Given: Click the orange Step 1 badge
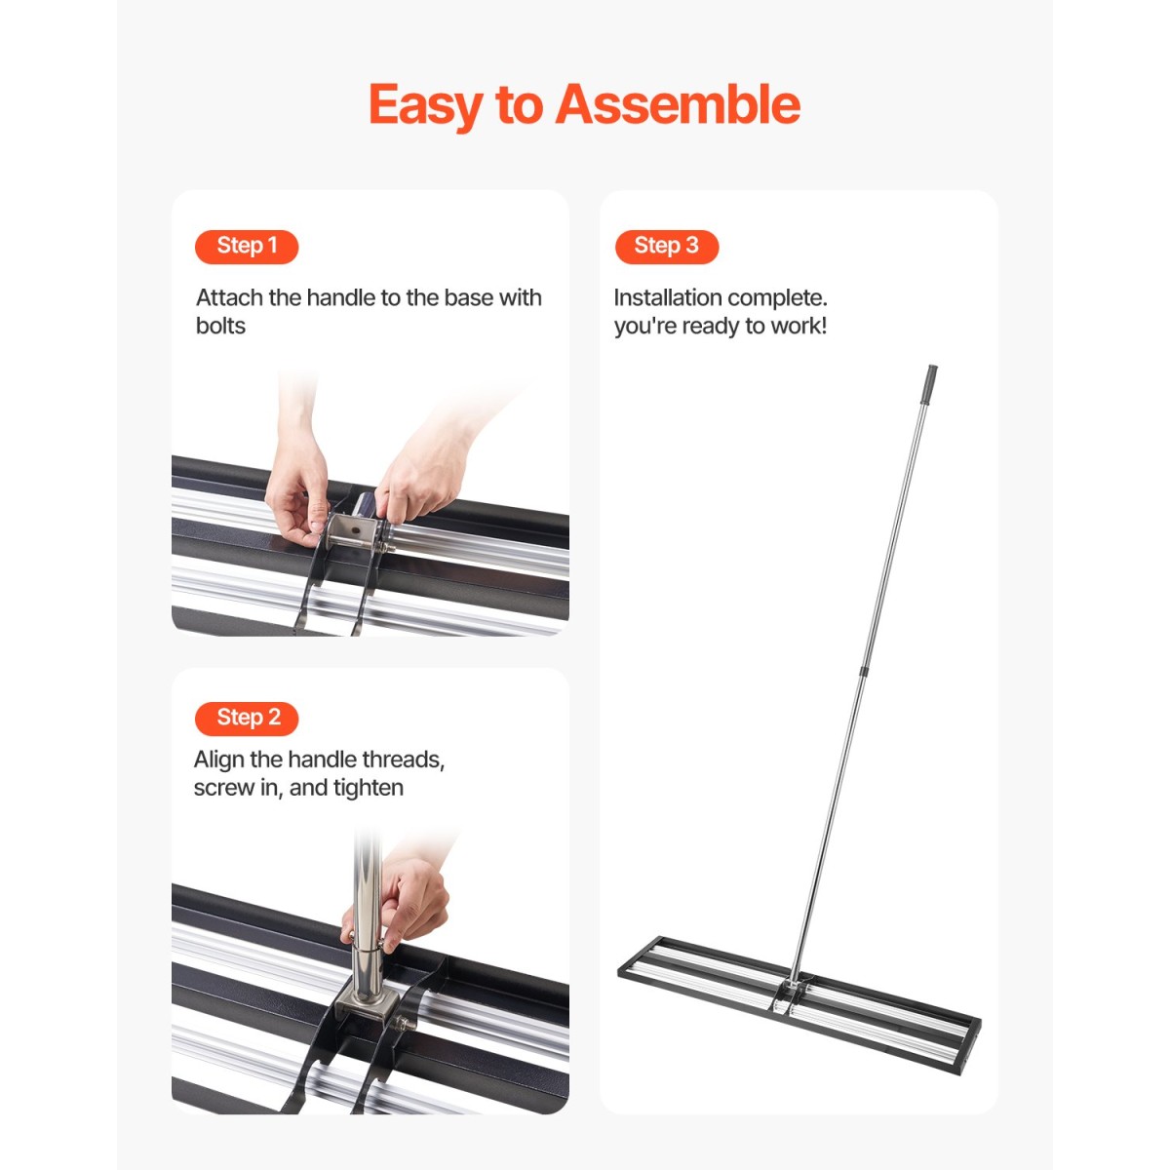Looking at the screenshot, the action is click(247, 247).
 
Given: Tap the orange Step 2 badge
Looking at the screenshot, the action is click(247, 719).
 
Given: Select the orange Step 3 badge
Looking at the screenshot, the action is click(667, 247).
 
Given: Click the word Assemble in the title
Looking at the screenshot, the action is click(678, 104).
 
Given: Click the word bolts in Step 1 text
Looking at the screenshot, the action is click(220, 326).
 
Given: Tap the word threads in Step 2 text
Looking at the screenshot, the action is click(403, 760).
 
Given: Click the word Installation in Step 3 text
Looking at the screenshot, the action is click(667, 297).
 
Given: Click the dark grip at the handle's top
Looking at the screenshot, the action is click(929, 384).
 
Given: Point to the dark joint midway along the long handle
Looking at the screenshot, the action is click(864, 672).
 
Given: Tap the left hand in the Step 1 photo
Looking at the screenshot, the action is click(298, 480).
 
